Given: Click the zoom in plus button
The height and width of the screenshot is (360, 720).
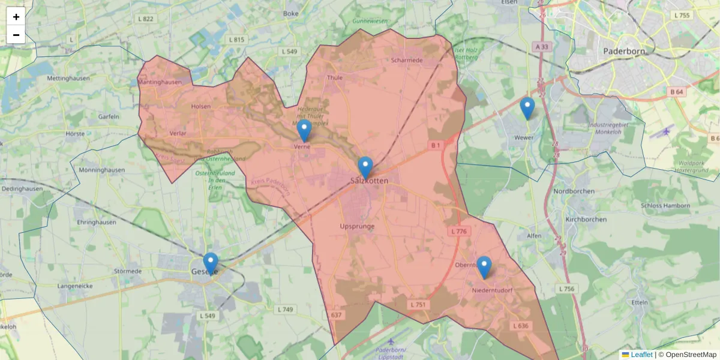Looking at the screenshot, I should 16,17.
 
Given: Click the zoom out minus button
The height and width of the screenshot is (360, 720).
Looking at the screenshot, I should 16,35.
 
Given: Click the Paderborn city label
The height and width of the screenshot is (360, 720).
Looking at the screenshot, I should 625,51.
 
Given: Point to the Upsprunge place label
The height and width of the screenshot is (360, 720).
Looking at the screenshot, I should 357,226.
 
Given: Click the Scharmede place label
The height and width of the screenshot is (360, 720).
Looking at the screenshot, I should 407,60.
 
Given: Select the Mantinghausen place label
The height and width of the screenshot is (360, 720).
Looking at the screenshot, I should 160,82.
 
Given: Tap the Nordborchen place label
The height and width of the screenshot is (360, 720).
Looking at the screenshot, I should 574,191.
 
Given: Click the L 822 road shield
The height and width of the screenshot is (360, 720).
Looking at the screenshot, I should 145,19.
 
